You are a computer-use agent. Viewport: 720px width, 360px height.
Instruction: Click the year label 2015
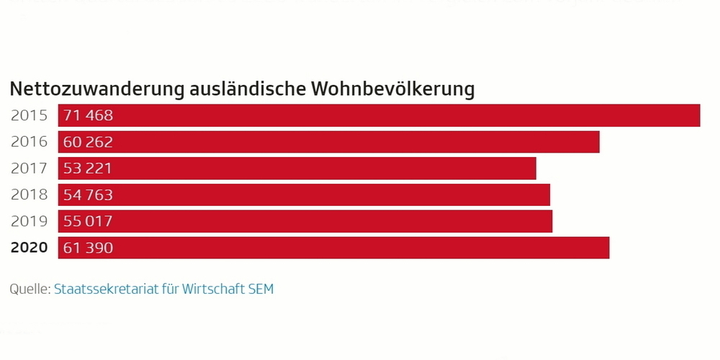click(x=29, y=115)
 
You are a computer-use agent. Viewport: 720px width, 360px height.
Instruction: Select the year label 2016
click(x=29, y=142)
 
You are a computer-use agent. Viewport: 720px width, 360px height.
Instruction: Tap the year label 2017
click(x=29, y=168)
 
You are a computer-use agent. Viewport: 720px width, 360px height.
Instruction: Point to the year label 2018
click(x=29, y=194)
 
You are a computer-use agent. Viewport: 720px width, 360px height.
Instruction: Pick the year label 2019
click(x=29, y=221)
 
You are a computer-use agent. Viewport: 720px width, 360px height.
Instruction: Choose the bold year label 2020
click(x=29, y=248)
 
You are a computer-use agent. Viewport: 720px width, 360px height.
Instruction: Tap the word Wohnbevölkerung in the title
click(x=393, y=89)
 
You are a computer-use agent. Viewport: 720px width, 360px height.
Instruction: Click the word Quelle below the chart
click(x=29, y=289)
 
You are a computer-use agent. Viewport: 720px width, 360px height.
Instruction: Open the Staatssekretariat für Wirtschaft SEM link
click(x=163, y=289)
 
